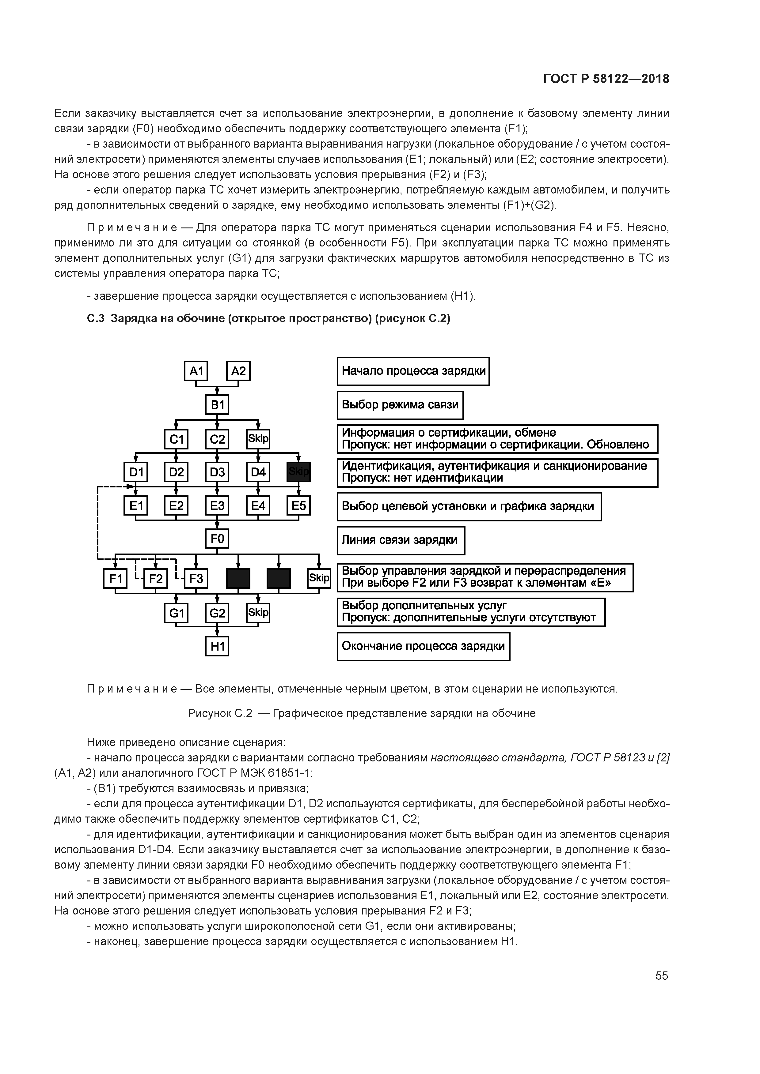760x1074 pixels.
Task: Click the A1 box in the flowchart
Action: click(196, 371)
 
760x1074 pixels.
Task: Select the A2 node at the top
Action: click(238, 371)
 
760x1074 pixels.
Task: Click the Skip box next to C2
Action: click(258, 439)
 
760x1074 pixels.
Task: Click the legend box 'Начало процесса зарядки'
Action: click(413, 371)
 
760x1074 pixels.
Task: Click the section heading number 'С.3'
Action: click(96, 318)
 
